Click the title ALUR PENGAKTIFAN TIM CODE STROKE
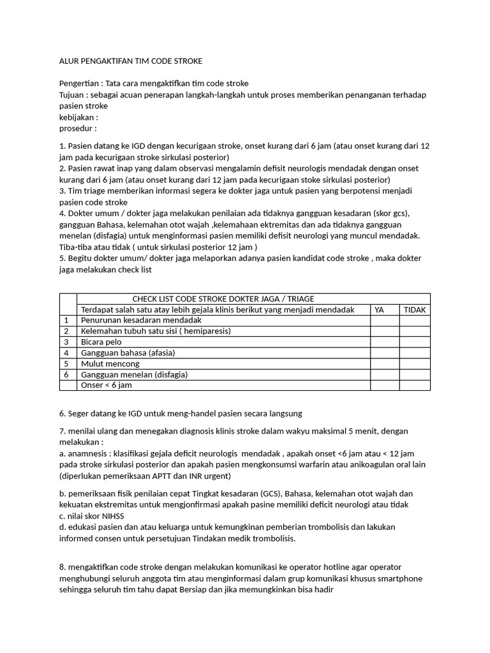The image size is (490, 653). click(130, 61)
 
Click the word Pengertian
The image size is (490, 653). click(80, 84)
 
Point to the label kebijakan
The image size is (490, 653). click(78, 117)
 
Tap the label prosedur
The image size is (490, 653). click(77, 128)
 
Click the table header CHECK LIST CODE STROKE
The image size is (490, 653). click(223, 298)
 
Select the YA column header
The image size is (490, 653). click(379, 309)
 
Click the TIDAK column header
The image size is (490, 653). click(415, 309)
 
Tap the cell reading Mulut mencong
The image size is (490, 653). click(110, 363)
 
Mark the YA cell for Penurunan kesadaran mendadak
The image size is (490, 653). click(385, 320)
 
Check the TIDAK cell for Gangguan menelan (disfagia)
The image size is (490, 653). click(415, 374)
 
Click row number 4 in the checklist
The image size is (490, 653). click(66, 353)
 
